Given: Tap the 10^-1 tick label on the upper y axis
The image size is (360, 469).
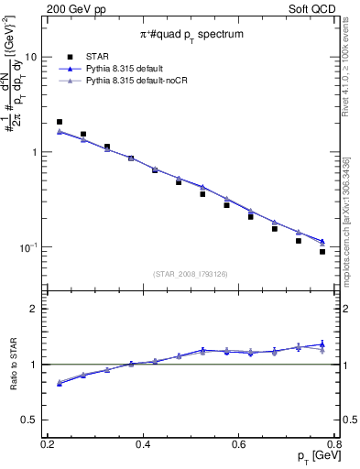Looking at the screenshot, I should point(32,247).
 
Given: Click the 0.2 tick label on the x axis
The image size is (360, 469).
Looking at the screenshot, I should point(48,443).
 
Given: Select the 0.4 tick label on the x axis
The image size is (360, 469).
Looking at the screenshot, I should point(143,443).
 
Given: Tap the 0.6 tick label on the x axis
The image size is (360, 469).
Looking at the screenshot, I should point(239,443).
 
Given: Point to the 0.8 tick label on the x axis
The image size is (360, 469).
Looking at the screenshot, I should point(334,443).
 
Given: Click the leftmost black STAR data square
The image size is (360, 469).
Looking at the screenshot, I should point(60,122).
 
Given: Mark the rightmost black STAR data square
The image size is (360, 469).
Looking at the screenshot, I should point(322,252).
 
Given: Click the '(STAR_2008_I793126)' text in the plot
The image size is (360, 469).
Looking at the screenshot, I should point(192,273).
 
